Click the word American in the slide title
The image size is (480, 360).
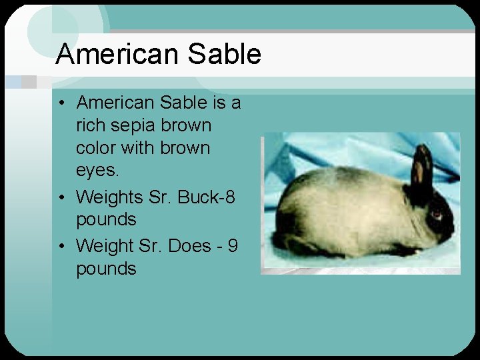117,54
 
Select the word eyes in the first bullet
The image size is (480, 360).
97,171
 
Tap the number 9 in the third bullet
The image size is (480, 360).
233,245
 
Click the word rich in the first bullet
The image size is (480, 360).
89,125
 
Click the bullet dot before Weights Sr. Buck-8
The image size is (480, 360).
61,197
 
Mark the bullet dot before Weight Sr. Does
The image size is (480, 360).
61,246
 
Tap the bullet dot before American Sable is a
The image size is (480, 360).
61,103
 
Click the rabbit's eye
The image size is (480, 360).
436,214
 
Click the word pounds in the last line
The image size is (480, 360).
106,269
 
